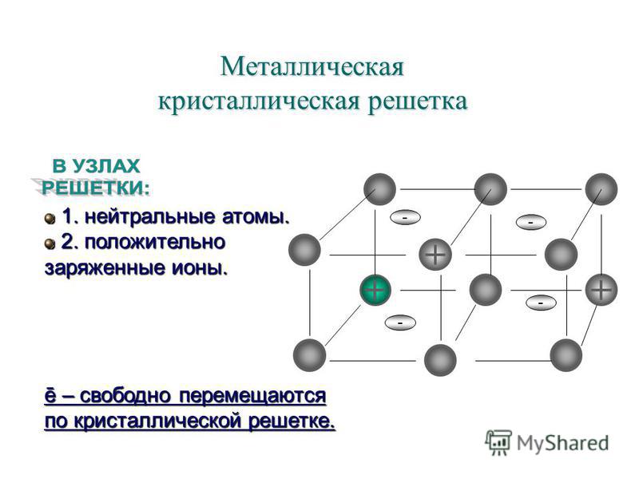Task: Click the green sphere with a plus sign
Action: pos(375,290)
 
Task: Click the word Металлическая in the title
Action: pos(312,66)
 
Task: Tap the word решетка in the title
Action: pos(418,101)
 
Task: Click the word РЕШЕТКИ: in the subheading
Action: pos(96,188)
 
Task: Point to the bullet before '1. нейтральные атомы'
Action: pos(50,219)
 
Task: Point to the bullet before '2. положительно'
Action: pos(50,244)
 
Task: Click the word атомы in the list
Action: pos(256,217)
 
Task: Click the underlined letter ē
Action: pos(50,396)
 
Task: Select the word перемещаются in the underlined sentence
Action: pos(252,395)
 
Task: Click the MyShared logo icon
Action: pos(498,442)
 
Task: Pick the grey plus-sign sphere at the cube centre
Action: pos(435,255)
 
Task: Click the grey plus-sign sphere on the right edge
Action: pos(601,290)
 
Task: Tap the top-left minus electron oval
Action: pos(405,217)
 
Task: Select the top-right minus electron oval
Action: pos(530,222)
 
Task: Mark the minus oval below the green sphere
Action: pos(400,323)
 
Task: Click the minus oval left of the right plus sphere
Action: pos(541,303)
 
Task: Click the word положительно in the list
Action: pos(155,243)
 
